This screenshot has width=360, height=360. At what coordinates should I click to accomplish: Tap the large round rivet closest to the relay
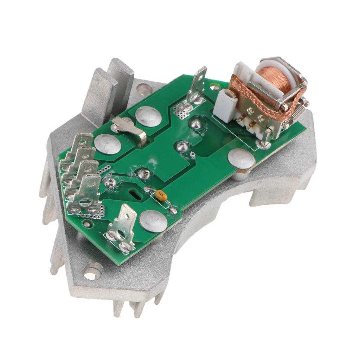pos(241,159)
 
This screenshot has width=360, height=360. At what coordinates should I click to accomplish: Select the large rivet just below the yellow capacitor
pos(153,221)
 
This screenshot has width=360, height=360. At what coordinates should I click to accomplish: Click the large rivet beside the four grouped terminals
pos(108,144)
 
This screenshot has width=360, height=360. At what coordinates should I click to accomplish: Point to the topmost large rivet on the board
pos(148,117)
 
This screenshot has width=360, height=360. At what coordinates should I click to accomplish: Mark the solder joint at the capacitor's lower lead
pos(174,211)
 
